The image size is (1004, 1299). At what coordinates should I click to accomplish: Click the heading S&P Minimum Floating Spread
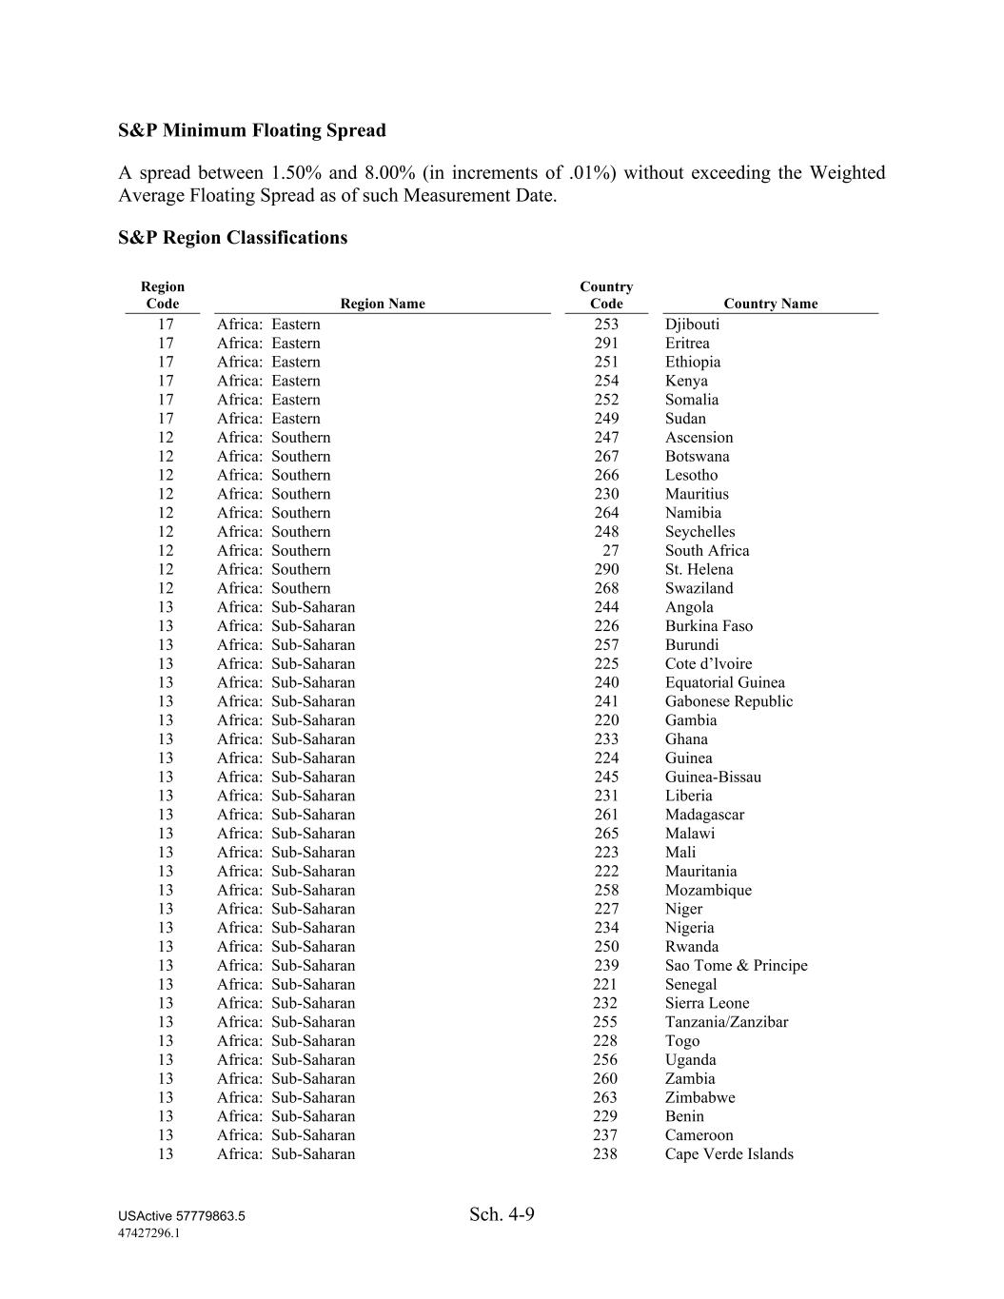pos(252,130)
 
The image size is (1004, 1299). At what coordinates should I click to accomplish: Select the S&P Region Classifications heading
pos(233,238)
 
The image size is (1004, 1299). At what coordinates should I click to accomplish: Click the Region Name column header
pos(383,304)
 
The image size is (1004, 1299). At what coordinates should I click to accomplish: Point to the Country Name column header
pos(770,304)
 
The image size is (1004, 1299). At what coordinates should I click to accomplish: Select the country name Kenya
pos(686,381)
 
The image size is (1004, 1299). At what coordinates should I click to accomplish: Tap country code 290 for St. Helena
pos(606,569)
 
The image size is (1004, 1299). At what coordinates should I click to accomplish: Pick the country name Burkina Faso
pos(708,626)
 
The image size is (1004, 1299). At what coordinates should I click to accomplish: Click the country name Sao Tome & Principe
pos(736,966)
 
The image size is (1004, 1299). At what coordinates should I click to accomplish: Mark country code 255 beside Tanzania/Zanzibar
pos(606,1022)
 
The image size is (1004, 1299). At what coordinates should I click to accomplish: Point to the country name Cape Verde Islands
pos(729,1154)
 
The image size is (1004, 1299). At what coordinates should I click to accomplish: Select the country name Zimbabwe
pos(699,1097)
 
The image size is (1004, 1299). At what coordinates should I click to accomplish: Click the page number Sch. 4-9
pos(502,1214)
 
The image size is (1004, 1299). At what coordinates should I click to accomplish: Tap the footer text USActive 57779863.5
pos(182,1216)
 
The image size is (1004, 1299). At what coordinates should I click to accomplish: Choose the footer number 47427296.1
pos(149,1232)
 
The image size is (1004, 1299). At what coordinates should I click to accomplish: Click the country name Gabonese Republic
pos(728,701)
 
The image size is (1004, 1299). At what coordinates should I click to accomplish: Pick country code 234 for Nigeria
pos(606,928)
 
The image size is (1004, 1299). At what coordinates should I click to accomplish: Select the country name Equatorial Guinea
pos(724,682)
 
